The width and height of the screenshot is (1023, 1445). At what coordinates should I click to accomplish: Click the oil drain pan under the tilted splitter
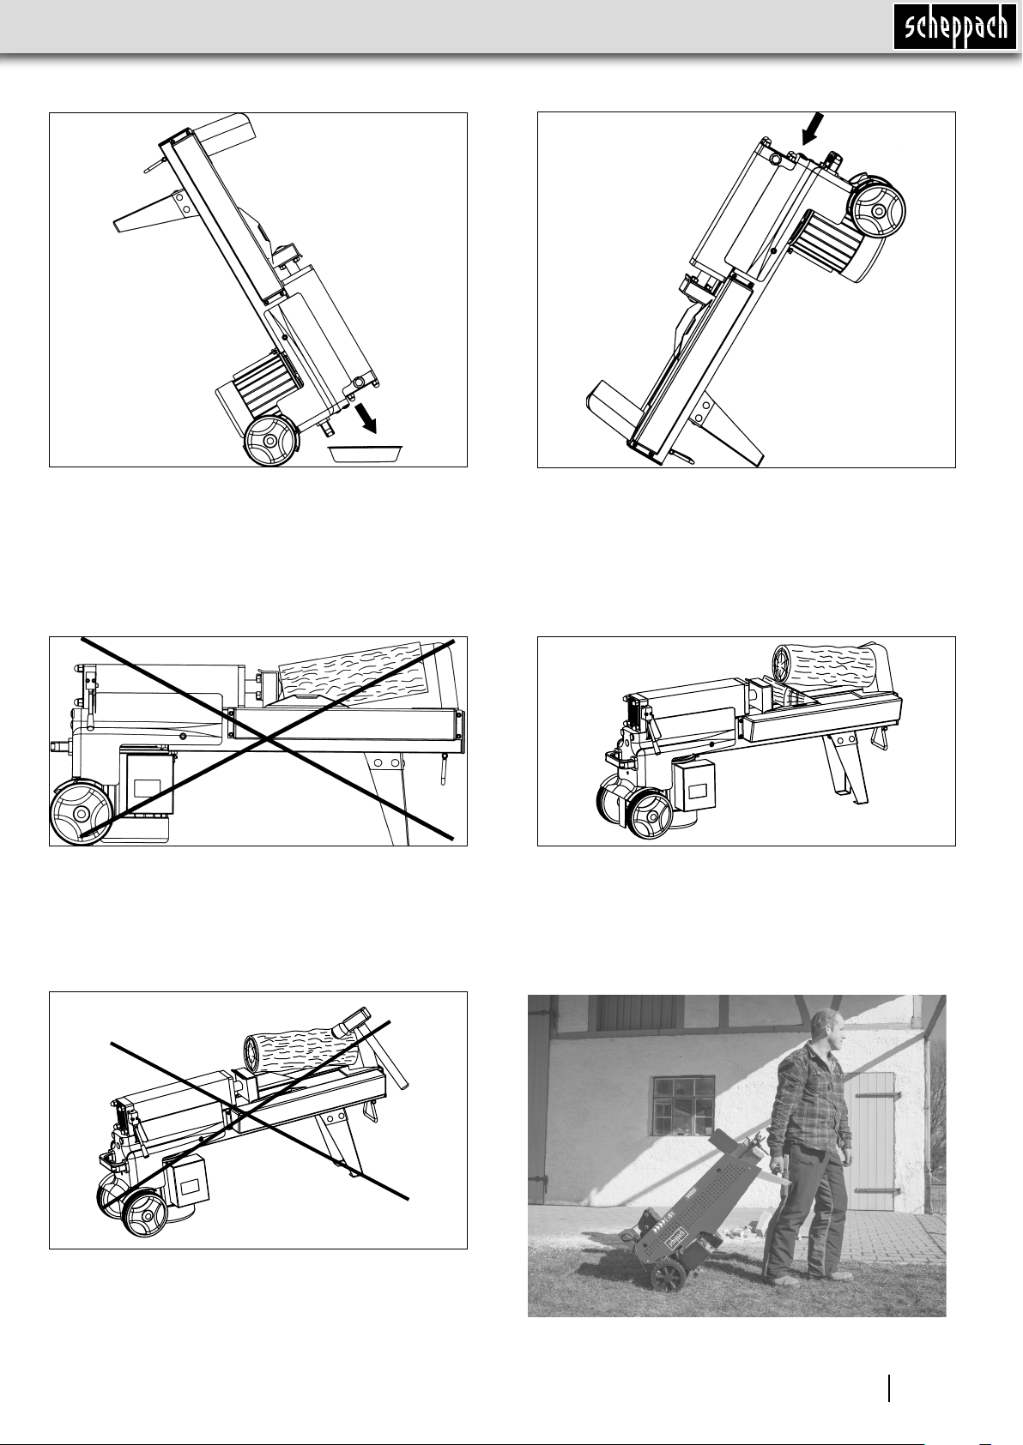coord(366,453)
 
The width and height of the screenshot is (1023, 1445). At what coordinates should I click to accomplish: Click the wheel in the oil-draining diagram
coord(272,441)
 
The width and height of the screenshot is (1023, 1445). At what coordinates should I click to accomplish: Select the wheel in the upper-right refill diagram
coord(876,210)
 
